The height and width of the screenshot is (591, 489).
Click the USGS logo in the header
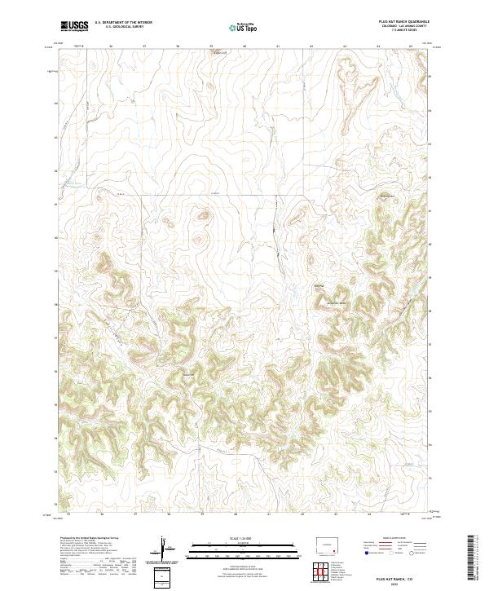click(x=74, y=26)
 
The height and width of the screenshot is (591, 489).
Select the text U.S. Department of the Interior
click(x=123, y=24)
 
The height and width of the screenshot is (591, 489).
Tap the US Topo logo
click(x=244, y=27)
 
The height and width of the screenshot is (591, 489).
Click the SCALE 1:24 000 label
click(x=244, y=538)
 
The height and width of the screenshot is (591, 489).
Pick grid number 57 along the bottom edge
click(x=135, y=515)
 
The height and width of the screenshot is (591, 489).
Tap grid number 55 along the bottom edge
click(x=68, y=515)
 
